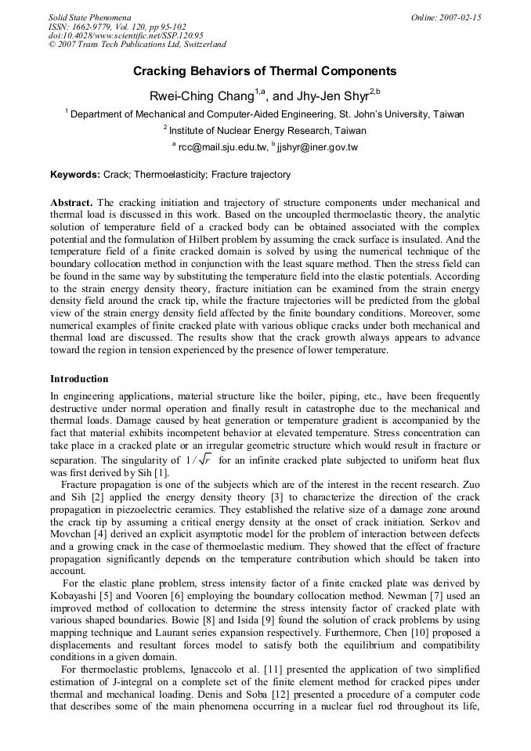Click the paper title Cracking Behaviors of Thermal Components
pyautogui.click(x=265, y=71)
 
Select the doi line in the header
pyautogui.click(x=125, y=35)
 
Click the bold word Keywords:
pyautogui.click(x=75, y=175)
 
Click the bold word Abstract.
pyautogui.click(x=71, y=202)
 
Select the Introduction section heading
pyautogui.click(x=79, y=379)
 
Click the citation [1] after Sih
pyautogui.click(x=161, y=473)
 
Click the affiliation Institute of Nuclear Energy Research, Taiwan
pyautogui.click(x=267, y=130)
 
